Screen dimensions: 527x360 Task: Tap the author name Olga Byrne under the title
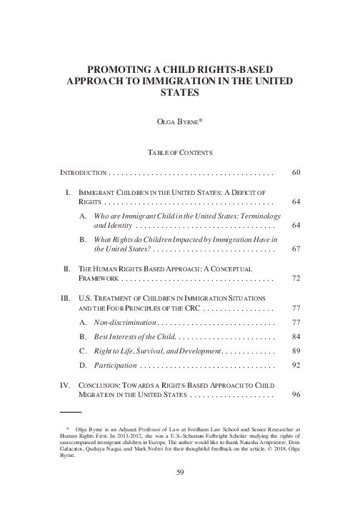tap(179, 122)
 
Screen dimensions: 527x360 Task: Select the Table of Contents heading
tap(179, 153)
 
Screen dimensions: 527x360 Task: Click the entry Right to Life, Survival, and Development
tap(159, 352)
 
